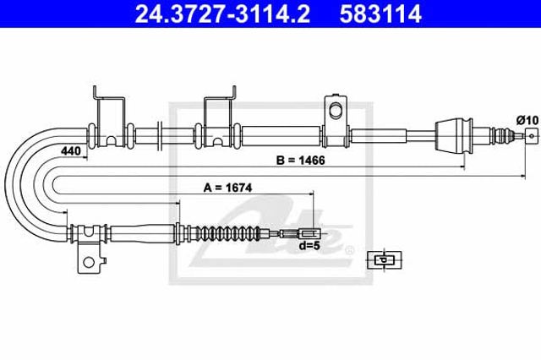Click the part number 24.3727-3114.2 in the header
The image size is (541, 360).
pyautogui.click(x=222, y=14)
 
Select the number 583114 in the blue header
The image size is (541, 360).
pyautogui.click(x=380, y=14)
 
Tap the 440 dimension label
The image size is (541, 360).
pyautogui.click(x=70, y=150)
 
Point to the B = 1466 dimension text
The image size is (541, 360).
pyautogui.click(x=300, y=161)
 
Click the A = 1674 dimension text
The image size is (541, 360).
pyautogui.click(x=227, y=188)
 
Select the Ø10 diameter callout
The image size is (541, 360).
pyautogui.click(x=527, y=120)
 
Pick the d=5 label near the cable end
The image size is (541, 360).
pyautogui.click(x=309, y=246)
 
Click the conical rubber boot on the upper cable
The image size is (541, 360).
pyautogui.click(x=453, y=135)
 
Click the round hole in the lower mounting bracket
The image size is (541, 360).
pyautogui.click(x=89, y=263)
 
